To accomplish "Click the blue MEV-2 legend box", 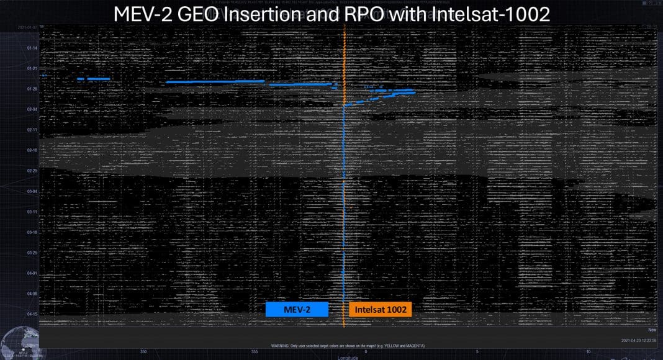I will click(x=296, y=309).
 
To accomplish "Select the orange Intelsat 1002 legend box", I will click(x=381, y=309).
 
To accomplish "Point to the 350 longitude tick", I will click(x=144, y=352).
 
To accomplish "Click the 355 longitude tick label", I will click(x=255, y=352).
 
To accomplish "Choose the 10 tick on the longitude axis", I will click(x=589, y=352).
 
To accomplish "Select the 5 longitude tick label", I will click(x=477, y=352).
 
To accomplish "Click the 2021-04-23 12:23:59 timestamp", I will click(x=639, y=341).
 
